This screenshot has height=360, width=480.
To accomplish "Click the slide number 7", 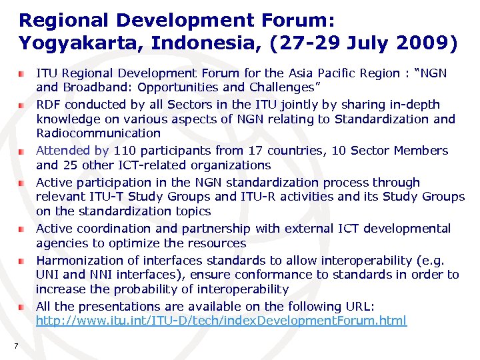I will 15,345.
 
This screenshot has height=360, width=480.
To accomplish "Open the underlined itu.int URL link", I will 221,321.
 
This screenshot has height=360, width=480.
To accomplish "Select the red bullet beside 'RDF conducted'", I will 22,105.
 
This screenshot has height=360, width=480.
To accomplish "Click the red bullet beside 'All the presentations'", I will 22,307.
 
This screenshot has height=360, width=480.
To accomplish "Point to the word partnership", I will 216,229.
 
